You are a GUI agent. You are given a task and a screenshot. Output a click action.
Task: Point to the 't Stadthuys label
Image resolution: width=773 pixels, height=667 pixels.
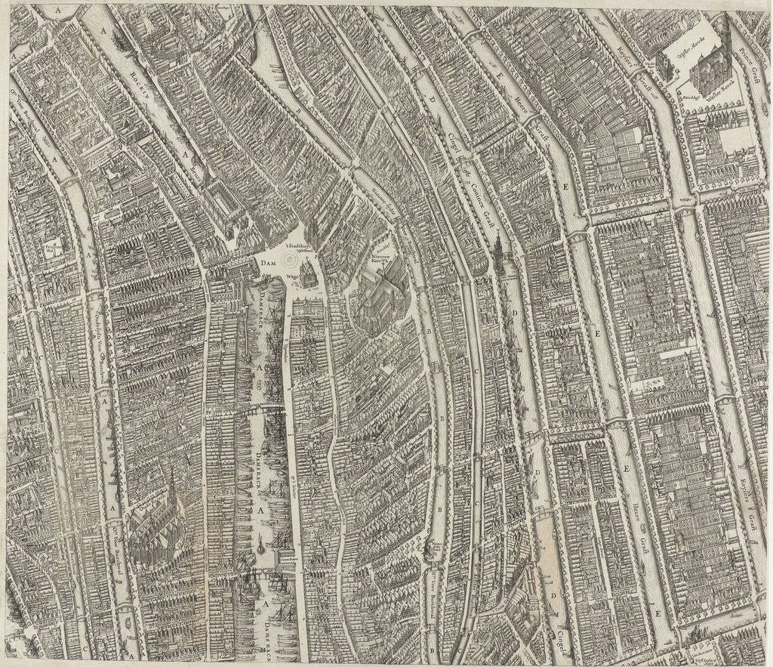[x=300, y=246]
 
